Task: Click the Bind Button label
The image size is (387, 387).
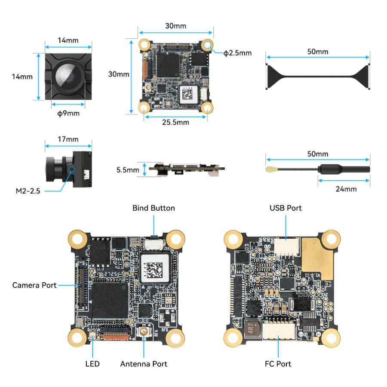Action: click(x=154, y=208)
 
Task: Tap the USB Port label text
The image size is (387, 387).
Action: click(x=286, y=208)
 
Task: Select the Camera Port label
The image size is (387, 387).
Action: click(x=34, y=285)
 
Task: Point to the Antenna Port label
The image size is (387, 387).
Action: click(x=144, y=364)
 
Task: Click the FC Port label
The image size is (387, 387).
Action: click(x=278, y=364)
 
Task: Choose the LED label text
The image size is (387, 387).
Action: click(x=92, y=364)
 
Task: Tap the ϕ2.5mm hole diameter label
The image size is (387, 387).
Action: click(x=237, y=53)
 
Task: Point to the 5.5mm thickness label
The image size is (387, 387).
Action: click(x=128, y=170)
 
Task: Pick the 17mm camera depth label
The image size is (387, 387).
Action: click(x=68, y=139)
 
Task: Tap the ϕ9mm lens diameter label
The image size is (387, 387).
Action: click(x=68, y=114)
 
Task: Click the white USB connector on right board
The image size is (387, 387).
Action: click(x=286, y=246)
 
